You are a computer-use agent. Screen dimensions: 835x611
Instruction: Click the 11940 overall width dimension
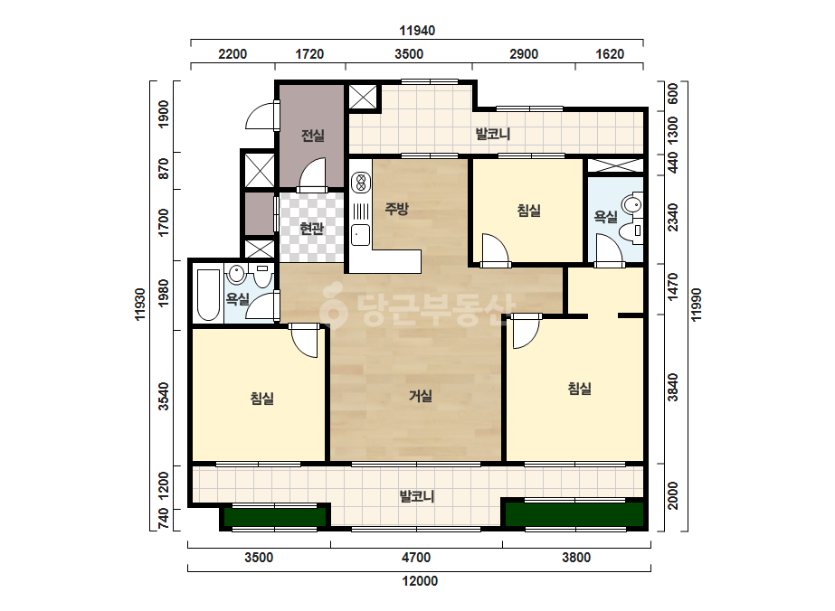417,31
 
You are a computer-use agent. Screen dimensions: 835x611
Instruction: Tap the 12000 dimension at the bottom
420,580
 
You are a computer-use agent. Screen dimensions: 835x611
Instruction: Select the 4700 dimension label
416,558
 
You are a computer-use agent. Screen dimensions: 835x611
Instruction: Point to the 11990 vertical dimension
696,305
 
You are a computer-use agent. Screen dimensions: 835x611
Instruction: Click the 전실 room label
313,136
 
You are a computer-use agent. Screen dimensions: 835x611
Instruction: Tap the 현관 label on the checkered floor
311,229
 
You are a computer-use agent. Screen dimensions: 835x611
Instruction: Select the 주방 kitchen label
397,208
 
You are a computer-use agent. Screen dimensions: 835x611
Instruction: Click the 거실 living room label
420,396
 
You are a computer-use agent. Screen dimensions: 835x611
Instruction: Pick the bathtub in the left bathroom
208,295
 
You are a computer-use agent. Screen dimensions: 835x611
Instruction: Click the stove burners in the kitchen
361,182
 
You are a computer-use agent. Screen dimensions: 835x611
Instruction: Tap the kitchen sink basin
361,235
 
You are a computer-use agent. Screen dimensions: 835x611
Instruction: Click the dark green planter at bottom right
574,514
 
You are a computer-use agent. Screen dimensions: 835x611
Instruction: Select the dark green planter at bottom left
275,516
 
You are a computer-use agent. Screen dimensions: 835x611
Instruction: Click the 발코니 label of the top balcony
492,133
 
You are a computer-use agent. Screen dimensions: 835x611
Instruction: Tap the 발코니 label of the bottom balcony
417,496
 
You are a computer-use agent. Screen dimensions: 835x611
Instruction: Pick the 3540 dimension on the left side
164,397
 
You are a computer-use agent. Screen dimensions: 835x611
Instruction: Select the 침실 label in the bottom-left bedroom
262,398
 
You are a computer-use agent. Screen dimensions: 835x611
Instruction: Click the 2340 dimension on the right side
673,217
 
